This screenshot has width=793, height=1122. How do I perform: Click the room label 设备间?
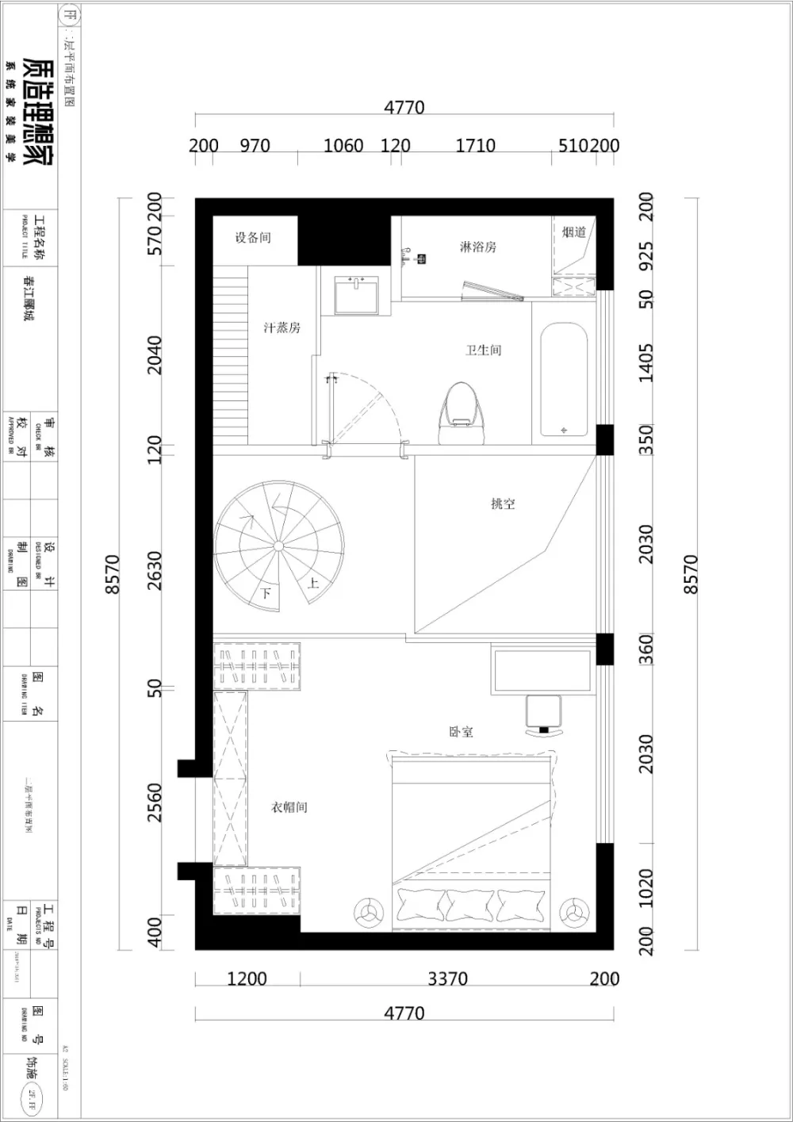pyautogui.click(x=253, y=237)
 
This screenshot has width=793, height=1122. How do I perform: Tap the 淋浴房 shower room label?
pyautogui.click(x=477, y=247)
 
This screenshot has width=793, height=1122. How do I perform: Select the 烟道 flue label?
pyautogui.click(x=574, y=232)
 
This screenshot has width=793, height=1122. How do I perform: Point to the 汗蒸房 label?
pyautogui.click(x=282, y=327)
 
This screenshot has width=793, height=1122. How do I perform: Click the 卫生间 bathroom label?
pyautogui.click(x=483, y=350)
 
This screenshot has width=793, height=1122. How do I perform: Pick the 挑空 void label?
pyautogui.click(x=503, y=504)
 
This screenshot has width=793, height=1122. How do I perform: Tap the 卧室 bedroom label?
pyautogui.click(x=461, y=732)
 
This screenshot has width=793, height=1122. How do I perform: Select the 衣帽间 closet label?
pyautogui.click(x=289, y=807)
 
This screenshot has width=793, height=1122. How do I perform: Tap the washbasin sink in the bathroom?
pyautogui.click(x=357, y=295)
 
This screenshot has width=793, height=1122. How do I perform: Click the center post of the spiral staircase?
pyautogui.click(x=278, y=546)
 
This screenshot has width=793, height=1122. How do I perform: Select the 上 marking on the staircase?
pyautogui.click(x=313, y=584)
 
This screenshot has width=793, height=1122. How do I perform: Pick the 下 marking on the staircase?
pyautogui.click(x=266, y=593)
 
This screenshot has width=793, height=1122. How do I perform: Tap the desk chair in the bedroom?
pyautogui.click(x=544, y=714)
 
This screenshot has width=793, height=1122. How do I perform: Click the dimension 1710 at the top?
pyautogui.click(x=475, y=146)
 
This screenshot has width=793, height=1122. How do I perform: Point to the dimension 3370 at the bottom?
pyautogui.click(x=447, y=978)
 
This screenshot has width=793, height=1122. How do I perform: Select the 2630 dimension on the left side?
pyautogui.click(x=155, y=571)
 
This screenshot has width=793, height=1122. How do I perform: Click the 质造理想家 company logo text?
pyautogui.click(x=38, y=112)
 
